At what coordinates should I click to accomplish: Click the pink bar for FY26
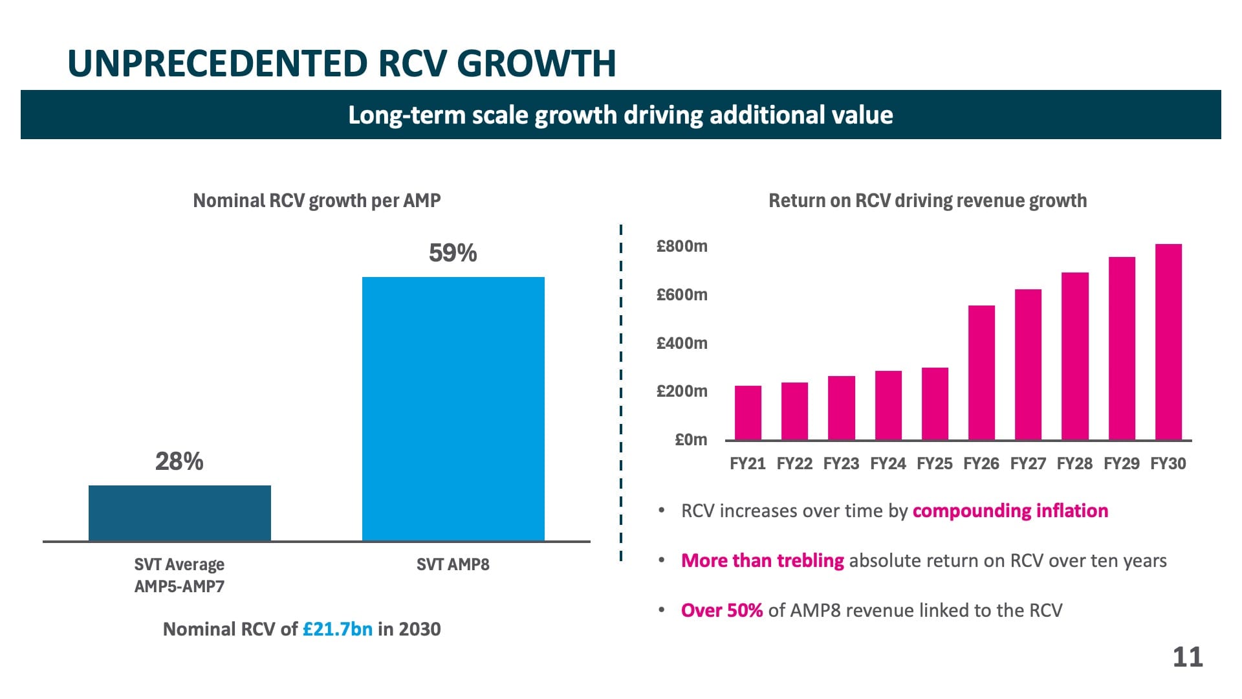pyautogui.click(x=981, y=373)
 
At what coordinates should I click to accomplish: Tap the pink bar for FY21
pyautogui.click(x=748, y=413)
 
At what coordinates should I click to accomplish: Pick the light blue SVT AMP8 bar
pyautogui.click(x=453, y=408)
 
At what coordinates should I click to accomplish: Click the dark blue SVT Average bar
pyautogui.click(x=179, y=513)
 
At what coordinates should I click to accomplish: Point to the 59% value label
pyautogui.click(x=453, y=253)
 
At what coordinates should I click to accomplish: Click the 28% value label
pyautogui.click(x=179, y=461)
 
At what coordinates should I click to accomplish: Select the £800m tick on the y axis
pyautogui.click(x=682, y=246)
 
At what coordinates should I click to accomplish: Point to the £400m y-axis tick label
pyautogui.click(x=682, y=343)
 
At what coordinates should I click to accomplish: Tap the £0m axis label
pyautogui.click(x=691, y=440)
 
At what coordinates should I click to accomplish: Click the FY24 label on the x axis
pyautogui.click(x=888, y=463)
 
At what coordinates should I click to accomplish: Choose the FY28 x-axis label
pyautogui.click(x=1074, y=463)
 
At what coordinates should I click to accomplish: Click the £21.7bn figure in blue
pyautogui.click(x=337, y=629)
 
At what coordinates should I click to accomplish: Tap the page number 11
pyautogui.click(x=1187, y=657)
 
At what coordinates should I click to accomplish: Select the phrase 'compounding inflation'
pyautogui.click(x=1010, y=511)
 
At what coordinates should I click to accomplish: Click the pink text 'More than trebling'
pyautogui.click(x=762, y=560)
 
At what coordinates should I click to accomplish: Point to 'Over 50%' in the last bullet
pyautogui.click(x=721, y=610)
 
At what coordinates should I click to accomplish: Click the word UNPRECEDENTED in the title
pyautogui.click(x=218, y=63)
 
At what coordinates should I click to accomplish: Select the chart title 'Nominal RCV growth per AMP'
pyautogui.click(x=317, y=201)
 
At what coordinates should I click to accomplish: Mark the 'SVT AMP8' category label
pyautogui.click(x=453, y=564)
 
